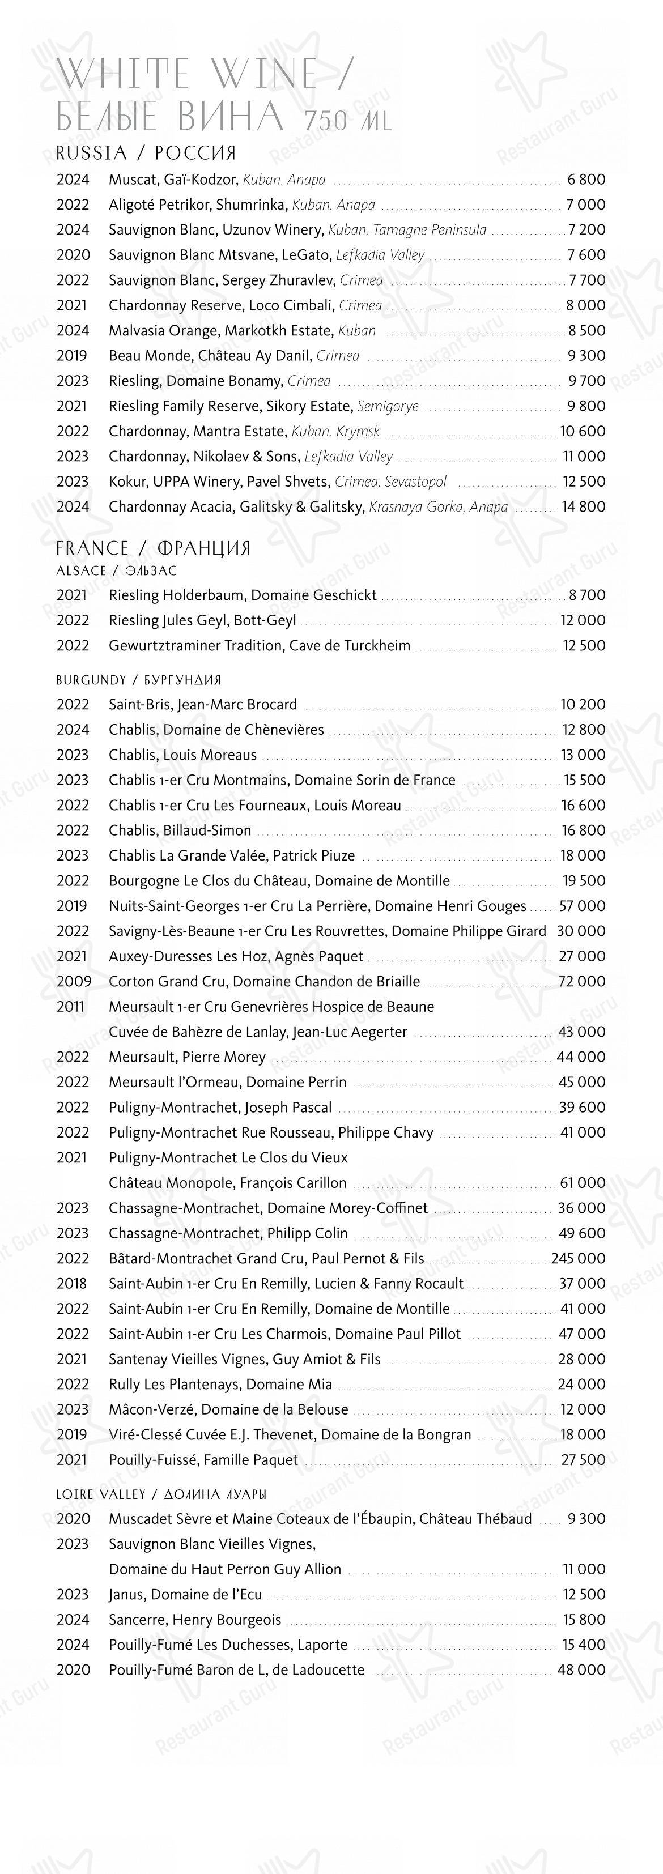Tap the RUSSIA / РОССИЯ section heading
click(146, 153)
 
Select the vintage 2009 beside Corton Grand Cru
click(74, 981)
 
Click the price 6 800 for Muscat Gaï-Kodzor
click(586, 180)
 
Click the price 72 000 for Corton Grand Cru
click(581, 981)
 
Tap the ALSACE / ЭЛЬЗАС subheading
click(116, 571)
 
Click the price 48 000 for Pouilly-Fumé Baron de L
click(581, 1669)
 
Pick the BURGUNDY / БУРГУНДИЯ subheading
click(138, 680)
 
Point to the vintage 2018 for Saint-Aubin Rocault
click(71, 1283)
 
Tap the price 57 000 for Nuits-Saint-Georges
click(581, 906)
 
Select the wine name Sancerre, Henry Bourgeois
click(194, 1620)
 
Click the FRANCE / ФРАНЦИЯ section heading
click(154, 548)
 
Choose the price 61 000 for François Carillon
click(582, 1182)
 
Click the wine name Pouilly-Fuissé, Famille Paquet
click(203, 1459)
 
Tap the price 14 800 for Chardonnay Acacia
click(583, 506)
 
